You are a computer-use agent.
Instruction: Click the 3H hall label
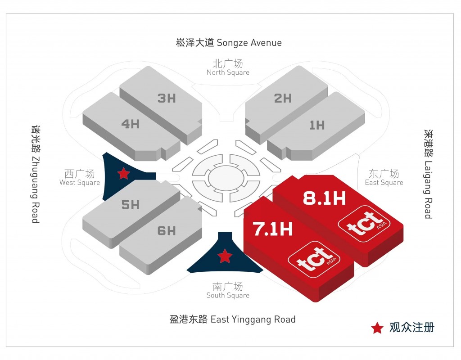pyautogui.click(x=167, y=98)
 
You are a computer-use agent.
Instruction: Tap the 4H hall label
pyautogui.click(x=130, y=124)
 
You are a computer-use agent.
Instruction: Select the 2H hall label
pyautogui.click(x=283, y=98)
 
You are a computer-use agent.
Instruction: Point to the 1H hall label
pyautogui.click(x=317, y=125)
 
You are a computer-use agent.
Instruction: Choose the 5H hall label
pyautogui.click(x=130, y=205)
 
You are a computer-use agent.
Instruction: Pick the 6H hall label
pyautogui.click(x=167, y=231)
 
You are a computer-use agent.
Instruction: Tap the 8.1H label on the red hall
pyautogui.click(x=324, y=198)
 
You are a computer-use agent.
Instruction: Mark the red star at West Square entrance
pyautogui.click(x=123, y=173)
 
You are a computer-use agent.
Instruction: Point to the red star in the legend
pyautogui.click(x=377, y=328)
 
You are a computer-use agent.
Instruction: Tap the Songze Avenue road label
pyautogui.click(x=229, y=43)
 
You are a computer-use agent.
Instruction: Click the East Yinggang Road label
pyautogui.click(x=232, y=319)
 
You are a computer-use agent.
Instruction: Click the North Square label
pyautogui.click(x=228, y=67)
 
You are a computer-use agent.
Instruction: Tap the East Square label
pyautogui.click(x=384, y=177)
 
